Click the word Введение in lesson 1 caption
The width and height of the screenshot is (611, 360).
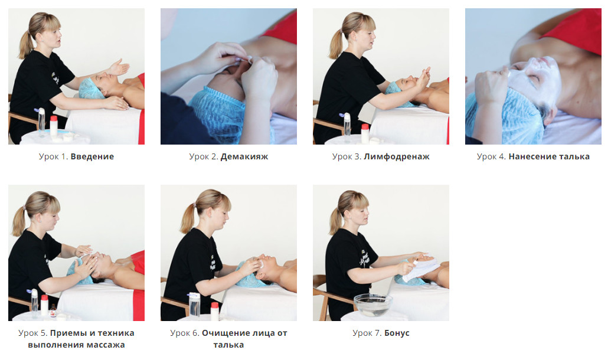click(92, 156)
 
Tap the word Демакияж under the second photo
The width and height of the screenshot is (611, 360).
click(244, 156)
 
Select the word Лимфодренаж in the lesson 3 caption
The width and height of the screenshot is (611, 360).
click(397, 156)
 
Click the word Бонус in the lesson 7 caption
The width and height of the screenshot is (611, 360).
click(397, 333)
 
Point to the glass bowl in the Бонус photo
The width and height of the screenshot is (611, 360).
click(373, 305)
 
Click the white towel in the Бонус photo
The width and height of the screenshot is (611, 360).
click(421, 269)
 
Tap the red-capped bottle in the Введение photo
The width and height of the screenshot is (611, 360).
click(54, 126)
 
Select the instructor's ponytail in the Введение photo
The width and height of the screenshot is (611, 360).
click(27, 44)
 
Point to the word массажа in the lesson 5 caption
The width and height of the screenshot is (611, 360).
click(106, 345)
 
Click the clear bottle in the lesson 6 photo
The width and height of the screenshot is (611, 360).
click(194, 305)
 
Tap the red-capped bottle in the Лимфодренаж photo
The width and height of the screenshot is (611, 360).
click(365, 133)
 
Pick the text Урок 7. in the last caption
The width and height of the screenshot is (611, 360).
click(367, 333)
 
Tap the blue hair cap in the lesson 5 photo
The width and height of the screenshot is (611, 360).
click(79, 272)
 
